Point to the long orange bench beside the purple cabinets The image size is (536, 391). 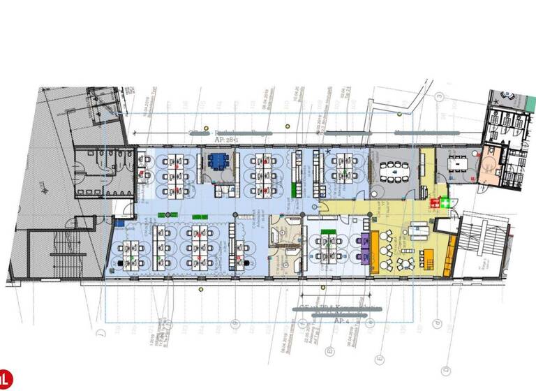[x=375, y=249]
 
